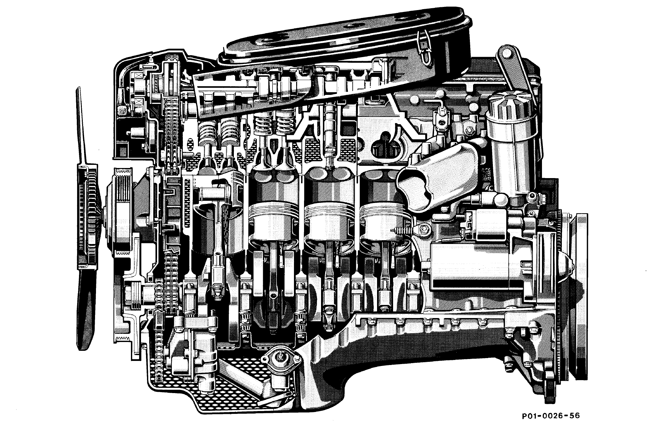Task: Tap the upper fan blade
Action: [x=81, y=126]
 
